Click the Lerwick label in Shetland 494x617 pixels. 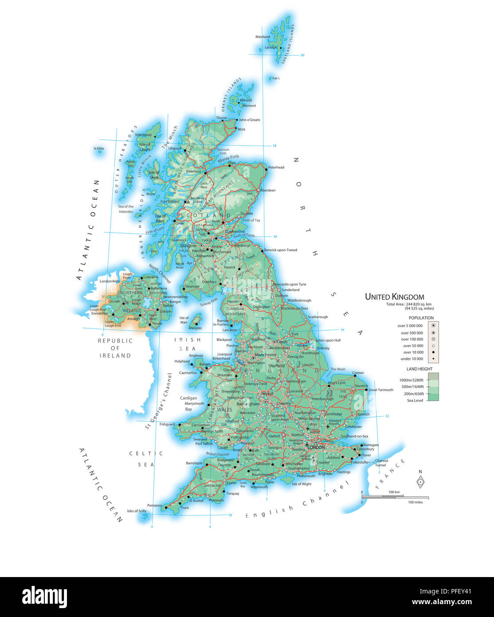tap(271, 47)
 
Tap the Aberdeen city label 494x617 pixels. tap(268, 190)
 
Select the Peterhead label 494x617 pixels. tap(276, 167)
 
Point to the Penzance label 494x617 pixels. tap(155, 506)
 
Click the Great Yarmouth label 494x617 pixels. tap(381, 390)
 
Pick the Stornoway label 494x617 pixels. tap(143, 135)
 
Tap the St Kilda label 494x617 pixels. tap(98, 148)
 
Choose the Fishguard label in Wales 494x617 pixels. tap(167, 424)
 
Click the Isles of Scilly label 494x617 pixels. tap(137, 511)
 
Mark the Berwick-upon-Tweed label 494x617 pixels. tap(281, 250)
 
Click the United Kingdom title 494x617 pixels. tap(394, 297)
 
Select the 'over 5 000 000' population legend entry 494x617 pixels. tap(410, 326)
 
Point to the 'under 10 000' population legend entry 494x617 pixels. tap(412, 359)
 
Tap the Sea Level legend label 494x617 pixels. tap(415, 400)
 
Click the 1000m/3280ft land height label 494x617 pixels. tap(411, 380)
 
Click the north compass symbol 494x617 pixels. tap(420, 481)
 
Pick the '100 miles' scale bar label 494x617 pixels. tap(415, 502)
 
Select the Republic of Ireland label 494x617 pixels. tap(115, 348)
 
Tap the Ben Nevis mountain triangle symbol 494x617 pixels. tap(188, 202)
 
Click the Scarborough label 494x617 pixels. tap(318, 317)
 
